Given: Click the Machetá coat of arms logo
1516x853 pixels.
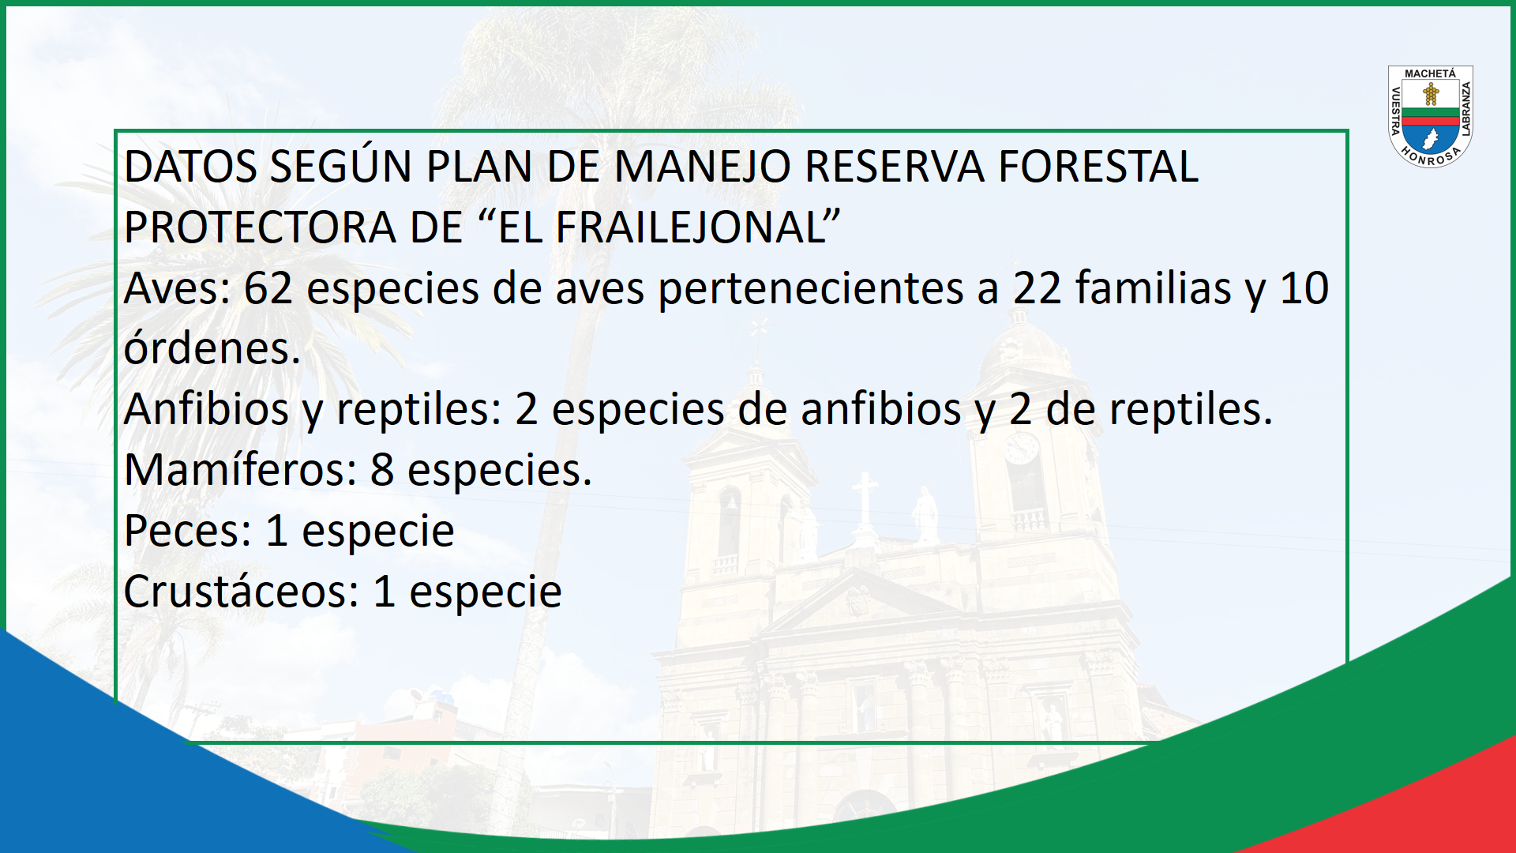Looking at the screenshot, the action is pos(1430,117).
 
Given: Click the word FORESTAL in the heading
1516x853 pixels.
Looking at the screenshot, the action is pos(1098,167).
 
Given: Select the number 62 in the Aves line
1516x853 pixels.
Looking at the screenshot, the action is pos(268,288).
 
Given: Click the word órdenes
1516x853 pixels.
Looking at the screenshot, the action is pos(212,348).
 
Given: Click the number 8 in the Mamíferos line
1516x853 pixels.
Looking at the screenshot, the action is pos(382,470).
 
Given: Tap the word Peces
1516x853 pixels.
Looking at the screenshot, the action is pos(188,531).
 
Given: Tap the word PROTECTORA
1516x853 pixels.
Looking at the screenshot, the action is pos(260,227).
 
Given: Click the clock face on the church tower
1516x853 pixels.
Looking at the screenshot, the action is pos(1022,448).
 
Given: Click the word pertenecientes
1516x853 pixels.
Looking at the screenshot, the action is pos(811,289).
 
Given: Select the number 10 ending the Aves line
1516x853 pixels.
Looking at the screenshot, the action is pos(1304,288).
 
